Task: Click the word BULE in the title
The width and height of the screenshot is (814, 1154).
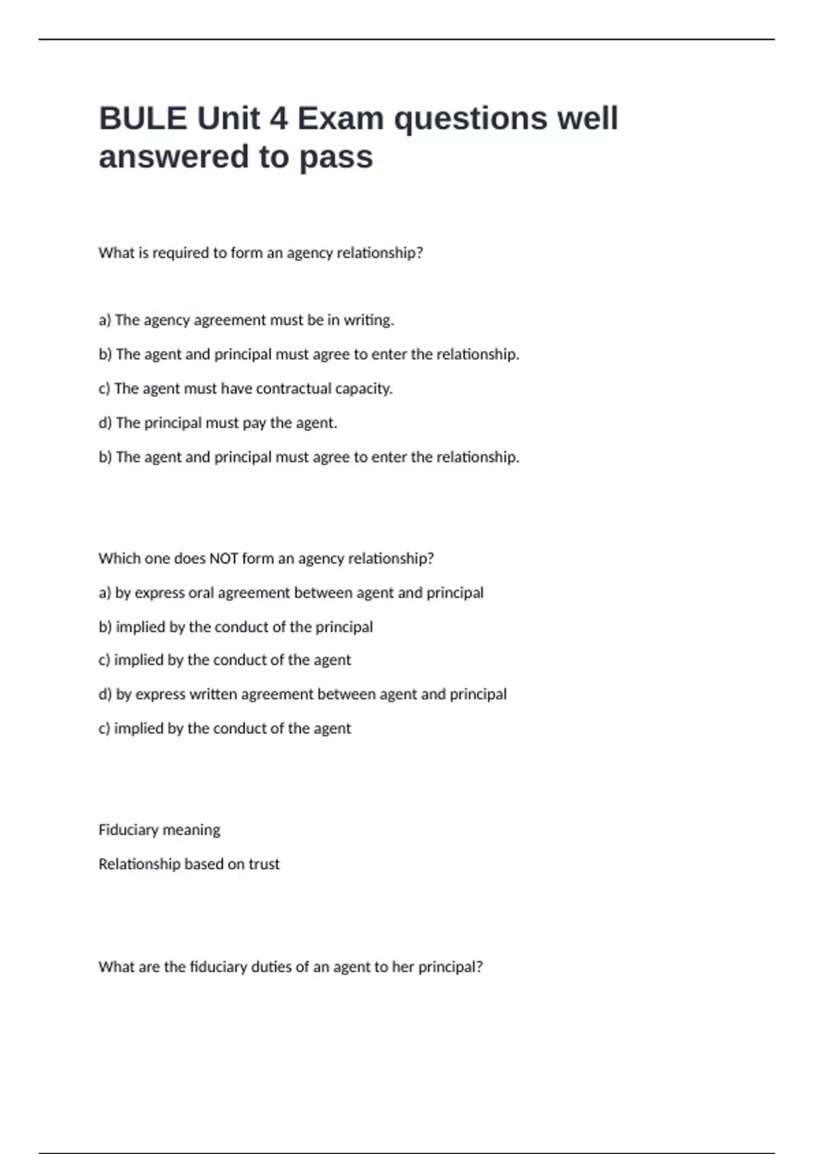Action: coord(142,119)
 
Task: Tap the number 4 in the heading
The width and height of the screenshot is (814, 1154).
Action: coord(278,119)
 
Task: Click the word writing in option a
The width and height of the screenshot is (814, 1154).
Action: coord(368,320)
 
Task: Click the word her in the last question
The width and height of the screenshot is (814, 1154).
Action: coord(402,967)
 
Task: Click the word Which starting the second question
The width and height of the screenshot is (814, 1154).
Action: coord(117,559)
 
